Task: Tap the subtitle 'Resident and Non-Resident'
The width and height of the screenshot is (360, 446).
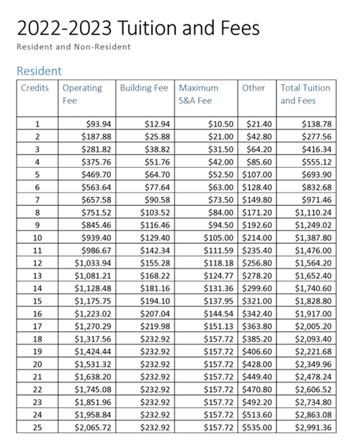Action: pos(73,47)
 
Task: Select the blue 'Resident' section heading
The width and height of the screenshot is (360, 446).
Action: pos(39,70)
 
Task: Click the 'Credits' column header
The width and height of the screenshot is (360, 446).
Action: pos(35,88)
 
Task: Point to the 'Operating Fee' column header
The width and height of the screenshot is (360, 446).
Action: pos(82,94)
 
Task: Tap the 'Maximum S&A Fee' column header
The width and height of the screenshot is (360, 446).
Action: pos(198,94)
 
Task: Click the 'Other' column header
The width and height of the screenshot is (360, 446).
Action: pos(253,88)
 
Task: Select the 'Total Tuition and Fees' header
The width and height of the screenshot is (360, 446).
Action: pos(305,94)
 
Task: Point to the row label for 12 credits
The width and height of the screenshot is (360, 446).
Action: pos(37,263)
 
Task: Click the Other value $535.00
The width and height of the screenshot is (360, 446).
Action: pos(257,427)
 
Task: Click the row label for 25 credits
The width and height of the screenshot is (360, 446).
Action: pos(37,427)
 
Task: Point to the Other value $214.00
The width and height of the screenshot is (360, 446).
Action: pos(257,237)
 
